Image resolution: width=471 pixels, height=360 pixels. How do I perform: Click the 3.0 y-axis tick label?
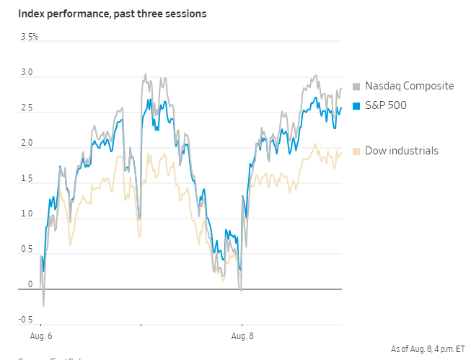point(26,72)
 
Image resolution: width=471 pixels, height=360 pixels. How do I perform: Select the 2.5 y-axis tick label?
point(26,107)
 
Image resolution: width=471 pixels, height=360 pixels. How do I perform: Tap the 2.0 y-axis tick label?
point(26,143)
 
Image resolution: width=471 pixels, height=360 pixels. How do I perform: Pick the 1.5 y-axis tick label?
point(26,178)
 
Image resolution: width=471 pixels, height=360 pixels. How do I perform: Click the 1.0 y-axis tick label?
point(26,214)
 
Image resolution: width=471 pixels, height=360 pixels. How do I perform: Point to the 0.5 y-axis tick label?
point(26,249)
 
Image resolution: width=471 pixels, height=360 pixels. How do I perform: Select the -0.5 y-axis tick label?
point(25,320)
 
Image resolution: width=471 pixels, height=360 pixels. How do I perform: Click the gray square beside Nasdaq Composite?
point(356,87)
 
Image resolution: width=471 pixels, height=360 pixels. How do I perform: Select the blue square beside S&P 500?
point(356,107)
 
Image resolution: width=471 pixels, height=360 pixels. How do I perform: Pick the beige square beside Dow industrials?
point(356,151)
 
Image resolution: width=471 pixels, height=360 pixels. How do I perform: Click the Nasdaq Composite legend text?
point(409,86)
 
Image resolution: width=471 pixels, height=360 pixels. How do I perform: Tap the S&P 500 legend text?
point(385,106)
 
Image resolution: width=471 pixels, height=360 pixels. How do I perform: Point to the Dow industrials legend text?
point(401,150)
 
